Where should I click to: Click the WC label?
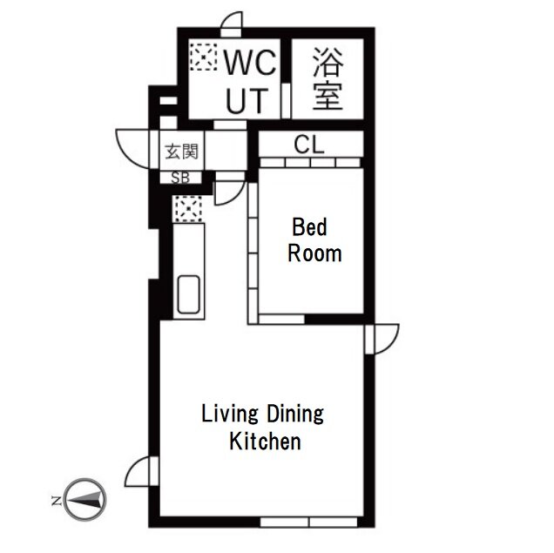(x=251, y=63)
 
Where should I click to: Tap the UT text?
(x=247, y=101)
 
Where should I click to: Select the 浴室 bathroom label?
(x=328, y=78)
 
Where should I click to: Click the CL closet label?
(x=309, y=145)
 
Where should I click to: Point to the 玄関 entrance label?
(x=181, y=152)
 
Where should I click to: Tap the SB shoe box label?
(x=180, y=178)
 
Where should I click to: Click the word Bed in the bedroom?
(x=309, y=227)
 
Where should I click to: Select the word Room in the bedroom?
(x=314, y=253)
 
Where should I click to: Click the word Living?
(x=230, y=415)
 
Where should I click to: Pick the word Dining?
(x=294, y=415)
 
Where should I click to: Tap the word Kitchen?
(x=266, y=441)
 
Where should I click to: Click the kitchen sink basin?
(x=188, y=294)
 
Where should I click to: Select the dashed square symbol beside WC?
(x=203, y=57)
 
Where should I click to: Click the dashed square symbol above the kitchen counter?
(x=187, y=209)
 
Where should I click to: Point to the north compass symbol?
(x=85, y=499)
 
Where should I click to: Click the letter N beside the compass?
(x=56, y=501)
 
